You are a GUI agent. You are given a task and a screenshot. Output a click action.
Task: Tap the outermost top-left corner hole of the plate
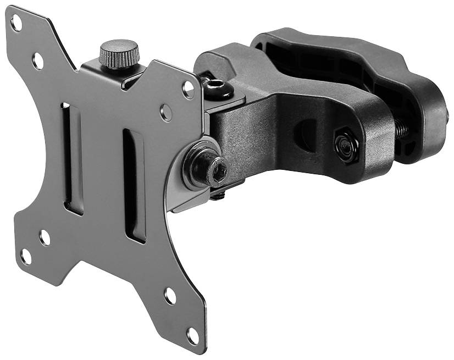(16, 23)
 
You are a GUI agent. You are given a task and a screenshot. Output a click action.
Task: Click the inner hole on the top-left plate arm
(38, 60)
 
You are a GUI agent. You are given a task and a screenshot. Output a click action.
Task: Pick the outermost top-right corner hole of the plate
(188, 88)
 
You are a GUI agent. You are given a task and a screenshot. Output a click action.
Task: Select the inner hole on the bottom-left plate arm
(45, 237)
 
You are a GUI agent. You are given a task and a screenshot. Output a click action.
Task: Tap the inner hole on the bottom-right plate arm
(170, 296)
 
